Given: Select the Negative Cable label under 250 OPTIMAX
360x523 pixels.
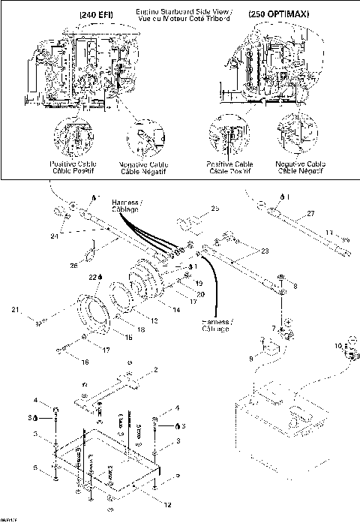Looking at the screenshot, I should coord(300,167).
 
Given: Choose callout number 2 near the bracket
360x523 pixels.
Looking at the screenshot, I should coord(155,370).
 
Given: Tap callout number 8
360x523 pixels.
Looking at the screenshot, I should coord(295,286).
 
